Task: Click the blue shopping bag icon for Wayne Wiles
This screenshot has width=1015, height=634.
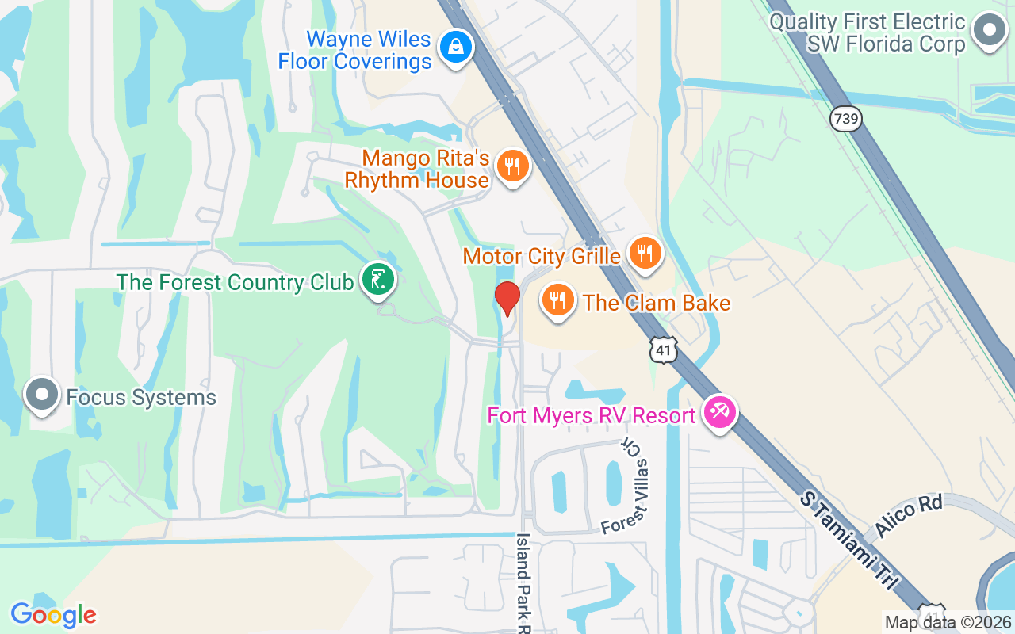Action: pyautogui.click(x=456, y=47)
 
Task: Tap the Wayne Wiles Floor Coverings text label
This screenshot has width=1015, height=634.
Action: pyautogui.click(x=354, y=50)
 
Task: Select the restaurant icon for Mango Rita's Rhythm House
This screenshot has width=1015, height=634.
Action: pyautogui.click(x=512, y=166)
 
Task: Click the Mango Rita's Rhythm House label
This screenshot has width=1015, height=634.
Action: pyautogui.click(x=417, y=170)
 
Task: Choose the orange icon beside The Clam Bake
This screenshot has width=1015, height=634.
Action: pyautogui.click(x=559, y=300)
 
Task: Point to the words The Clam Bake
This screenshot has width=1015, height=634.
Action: pyautogui.click(x=657, y=303)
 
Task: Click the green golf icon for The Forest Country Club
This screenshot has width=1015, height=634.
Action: pyautogui.click(x=378, y=280)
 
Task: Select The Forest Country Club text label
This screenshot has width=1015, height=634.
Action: pyautogui.click(x=235, y=282)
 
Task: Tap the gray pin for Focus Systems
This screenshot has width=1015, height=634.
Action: pyautogui.click(x=42, y=394)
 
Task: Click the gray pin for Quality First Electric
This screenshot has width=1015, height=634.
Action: pyautogui.click(x=989, y=30)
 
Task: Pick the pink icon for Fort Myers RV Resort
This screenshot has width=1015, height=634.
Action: pyautogui.click(x=720, y=413)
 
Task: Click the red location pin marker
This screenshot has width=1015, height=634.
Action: pyautogui.click(x=507, y=298)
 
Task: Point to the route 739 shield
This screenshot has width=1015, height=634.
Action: pyautogui.click(x=845, y=120)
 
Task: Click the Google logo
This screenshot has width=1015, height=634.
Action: pyautogui.click(x=53, y=614)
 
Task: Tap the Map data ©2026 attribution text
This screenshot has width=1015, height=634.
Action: pyautogui.click(x=948, y=623)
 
